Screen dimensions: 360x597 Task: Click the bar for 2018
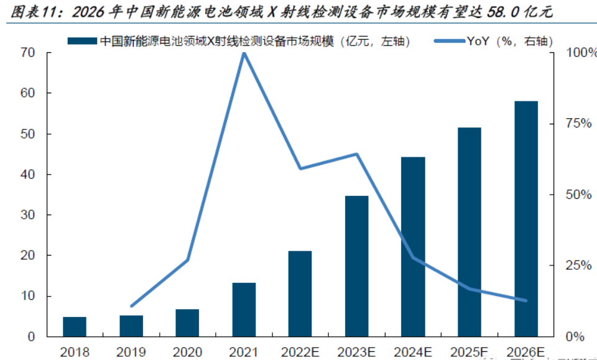pos(75,326)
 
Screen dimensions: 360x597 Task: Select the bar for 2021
pos(244,310)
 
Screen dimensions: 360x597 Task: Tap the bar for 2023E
pos(356,266)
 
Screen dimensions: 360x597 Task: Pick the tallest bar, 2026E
pos(526,218)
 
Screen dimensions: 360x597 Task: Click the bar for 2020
pos(187,323)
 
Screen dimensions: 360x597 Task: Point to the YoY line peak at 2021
pos(244,53)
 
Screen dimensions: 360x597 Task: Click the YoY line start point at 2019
pos(131,306)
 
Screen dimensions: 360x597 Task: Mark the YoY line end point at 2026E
pos(526,300)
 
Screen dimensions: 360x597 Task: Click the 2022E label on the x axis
pos(300,352)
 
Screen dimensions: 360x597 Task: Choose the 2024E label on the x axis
pos(413,352)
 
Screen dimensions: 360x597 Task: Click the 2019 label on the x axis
pos(131,352)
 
